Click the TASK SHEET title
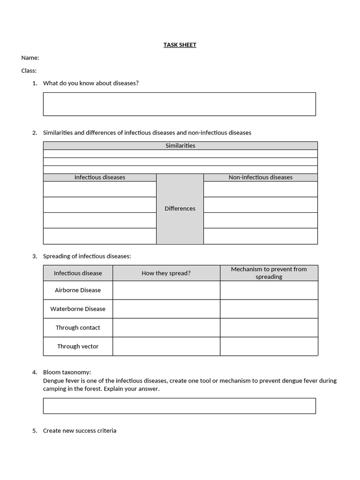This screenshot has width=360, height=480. point(180,45)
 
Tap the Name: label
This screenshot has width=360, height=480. point(30,58)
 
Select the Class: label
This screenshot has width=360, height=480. point(29,71)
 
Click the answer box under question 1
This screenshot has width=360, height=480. point(179,104)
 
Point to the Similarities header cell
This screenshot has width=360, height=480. point(180,146)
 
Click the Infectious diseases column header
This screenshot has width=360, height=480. point(100,177)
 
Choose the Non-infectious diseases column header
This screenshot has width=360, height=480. point(260,177)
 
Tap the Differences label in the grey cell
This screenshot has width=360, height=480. point(180,209)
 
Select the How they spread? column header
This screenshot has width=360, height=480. point(166,273)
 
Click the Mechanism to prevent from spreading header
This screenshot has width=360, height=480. point(269,273)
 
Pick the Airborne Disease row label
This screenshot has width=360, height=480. point(78,290)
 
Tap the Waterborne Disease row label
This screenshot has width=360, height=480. point(78,309)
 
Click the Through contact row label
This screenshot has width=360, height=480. point(78,328)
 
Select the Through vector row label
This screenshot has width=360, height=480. point(78,346)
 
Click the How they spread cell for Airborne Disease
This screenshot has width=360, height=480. point(166,290)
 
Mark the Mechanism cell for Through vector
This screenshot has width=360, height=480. point(269,346)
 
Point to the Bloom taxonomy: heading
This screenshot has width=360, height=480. point(67,372)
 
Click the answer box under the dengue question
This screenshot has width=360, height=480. point(179,406)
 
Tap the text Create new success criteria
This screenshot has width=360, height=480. point(80,431)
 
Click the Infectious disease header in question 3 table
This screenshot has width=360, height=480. point(78,273)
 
